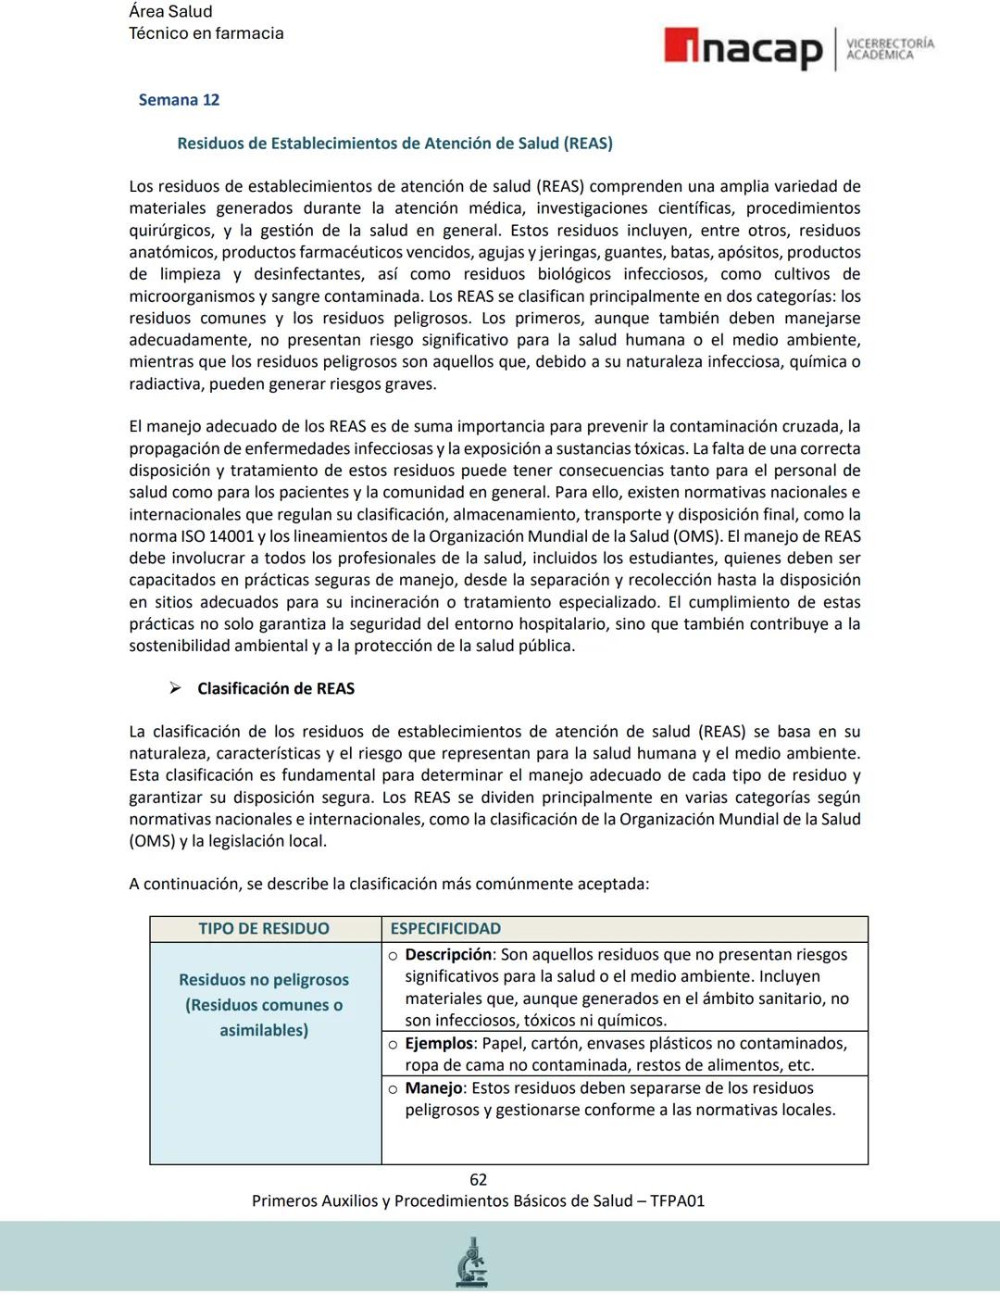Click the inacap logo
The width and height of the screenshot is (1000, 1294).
743,49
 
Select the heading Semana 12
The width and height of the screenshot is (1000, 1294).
179,100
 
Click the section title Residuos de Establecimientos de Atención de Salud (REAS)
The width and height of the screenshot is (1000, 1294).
394,144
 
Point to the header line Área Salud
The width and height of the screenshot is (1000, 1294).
170,12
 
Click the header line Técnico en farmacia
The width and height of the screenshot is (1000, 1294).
206,33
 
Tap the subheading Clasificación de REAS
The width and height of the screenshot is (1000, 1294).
276,689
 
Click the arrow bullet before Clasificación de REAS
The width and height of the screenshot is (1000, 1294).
174,688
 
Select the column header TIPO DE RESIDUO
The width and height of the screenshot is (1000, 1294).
264,929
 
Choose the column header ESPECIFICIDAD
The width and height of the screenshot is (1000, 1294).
445,929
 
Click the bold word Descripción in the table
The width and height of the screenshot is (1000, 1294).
448,955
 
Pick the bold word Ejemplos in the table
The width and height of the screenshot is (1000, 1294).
439,1044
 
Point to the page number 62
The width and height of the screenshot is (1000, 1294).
478,1180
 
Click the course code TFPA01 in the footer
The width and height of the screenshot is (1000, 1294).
677,1201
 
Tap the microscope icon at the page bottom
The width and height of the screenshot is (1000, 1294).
472,1263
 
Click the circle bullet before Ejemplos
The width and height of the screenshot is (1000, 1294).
394,1045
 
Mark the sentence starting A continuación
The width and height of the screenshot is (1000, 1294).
389,885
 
